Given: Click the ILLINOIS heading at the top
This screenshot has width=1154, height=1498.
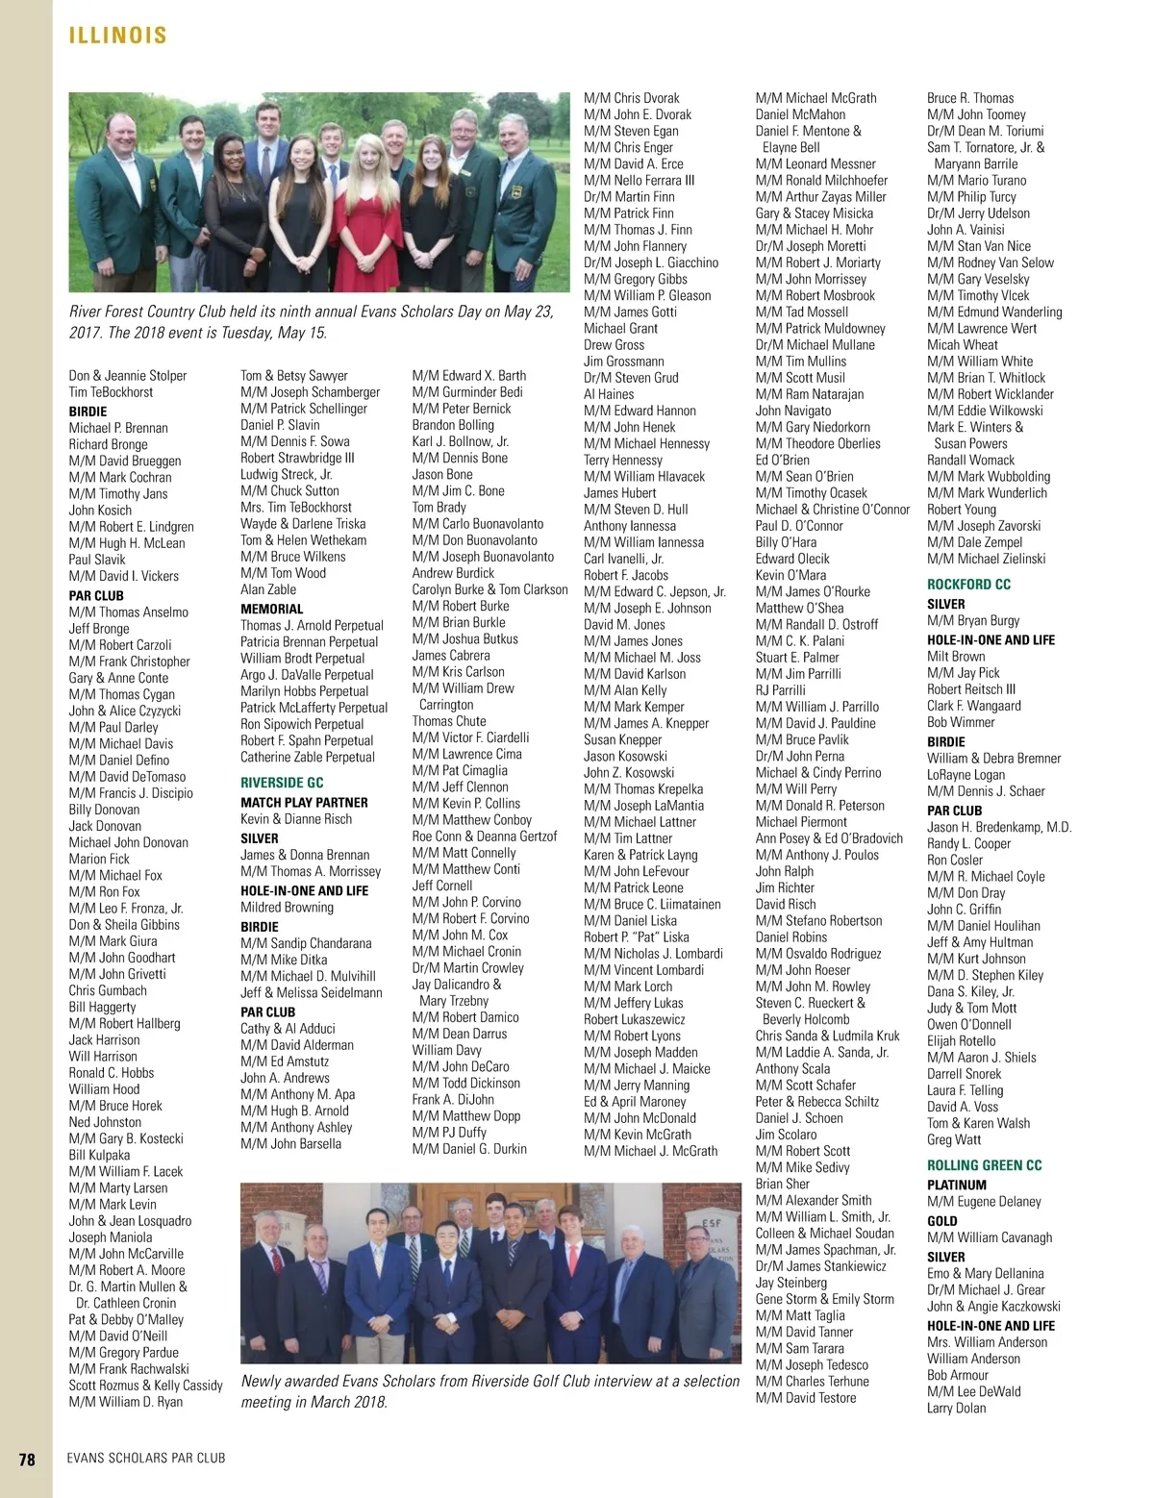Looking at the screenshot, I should (117, 36).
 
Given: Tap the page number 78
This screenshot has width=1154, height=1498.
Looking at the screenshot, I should (27, 1459).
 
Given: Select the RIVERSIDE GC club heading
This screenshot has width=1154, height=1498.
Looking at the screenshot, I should (282, 783).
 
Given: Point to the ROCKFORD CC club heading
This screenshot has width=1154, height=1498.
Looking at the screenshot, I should (968, 584).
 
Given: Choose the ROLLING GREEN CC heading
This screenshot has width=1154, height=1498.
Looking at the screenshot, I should (984, 1165).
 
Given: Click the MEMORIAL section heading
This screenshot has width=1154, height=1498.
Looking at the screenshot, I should (271, 609).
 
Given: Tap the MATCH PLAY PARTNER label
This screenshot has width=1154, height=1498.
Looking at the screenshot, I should (304, 802).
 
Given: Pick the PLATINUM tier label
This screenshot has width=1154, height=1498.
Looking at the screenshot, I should (956, 1185).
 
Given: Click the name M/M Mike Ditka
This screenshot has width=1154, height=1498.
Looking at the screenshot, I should (284, 960).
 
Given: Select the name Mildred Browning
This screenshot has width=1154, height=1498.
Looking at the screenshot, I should (287, 907).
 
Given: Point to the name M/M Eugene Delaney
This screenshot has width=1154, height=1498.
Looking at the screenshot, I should (984, 1201).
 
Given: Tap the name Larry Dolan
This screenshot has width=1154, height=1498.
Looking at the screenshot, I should (956, 1408).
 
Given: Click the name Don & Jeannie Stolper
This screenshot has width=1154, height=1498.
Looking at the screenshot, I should (128, 375).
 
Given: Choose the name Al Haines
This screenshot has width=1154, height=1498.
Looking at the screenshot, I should (609, 393).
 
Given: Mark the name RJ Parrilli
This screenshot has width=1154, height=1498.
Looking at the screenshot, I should (780, 689).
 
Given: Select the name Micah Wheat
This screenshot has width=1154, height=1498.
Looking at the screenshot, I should (962, 344).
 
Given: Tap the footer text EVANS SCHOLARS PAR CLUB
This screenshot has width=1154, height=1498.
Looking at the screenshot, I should (146, 1459).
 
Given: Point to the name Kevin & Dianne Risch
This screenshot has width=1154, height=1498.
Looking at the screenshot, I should (296, 818).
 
